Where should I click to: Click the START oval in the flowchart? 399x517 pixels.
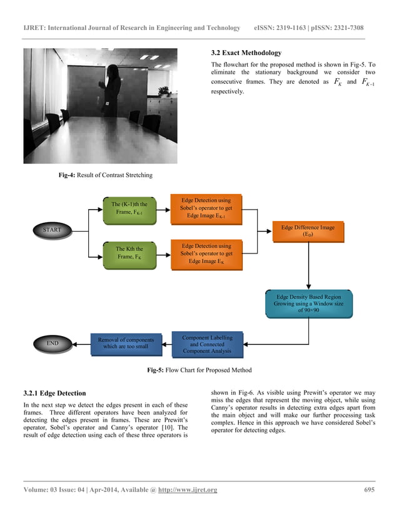(x=52, y=230)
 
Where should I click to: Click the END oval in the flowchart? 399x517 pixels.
(x=52, y=343)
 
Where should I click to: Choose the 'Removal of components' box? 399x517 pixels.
(x=126, y=343)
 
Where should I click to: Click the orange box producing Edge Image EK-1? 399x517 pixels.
(x=206, y=208)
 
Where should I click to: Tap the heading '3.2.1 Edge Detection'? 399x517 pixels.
(x=54, y=393)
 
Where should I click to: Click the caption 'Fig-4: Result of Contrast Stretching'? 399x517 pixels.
(x=105, y=175)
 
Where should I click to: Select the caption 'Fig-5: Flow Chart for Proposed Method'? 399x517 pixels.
(x=199, y=369)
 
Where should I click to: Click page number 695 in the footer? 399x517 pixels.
(x=369, y=489)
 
